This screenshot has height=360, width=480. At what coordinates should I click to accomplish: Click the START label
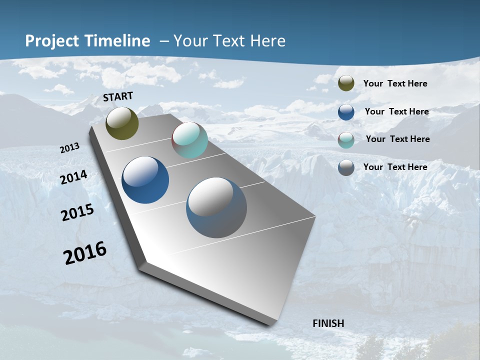coord(118,96)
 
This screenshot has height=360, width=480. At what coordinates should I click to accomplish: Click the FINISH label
coord(328,323)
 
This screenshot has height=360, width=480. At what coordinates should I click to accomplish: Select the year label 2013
coord(69,148)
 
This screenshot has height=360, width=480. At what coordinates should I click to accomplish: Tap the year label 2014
coord(73,177)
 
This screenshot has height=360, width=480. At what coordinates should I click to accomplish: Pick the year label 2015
coord(77,212)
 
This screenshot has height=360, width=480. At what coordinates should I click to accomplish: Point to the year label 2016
coord(85,252)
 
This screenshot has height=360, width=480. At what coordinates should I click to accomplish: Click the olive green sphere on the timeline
coord(122,123)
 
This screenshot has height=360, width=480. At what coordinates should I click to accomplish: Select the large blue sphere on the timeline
coord(145,180)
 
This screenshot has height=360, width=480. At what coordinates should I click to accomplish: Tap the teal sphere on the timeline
coord(189,140)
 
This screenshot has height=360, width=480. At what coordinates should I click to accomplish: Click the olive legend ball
coord(346,83)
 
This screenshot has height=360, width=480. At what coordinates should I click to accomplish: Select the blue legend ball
coord(346,111)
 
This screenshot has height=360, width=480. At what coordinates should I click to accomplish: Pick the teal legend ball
coord(346,139)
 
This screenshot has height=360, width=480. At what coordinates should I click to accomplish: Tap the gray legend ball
coord(346,167)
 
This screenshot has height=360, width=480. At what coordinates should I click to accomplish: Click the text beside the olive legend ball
coord(395,83)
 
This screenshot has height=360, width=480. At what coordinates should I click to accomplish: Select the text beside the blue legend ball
coord(396,111)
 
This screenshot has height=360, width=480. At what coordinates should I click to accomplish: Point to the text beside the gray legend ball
coord(395,167)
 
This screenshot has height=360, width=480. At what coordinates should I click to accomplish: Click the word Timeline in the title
coord(117,41)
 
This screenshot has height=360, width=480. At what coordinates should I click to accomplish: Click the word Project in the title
coord(52,41)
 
